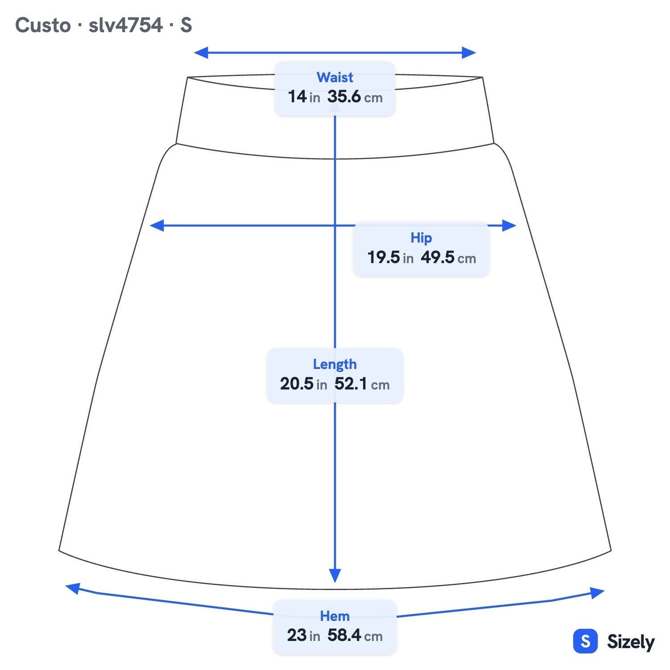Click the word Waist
click(x=335, y=77)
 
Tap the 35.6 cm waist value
click(x=355, y=96)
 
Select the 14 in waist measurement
click(x=304, y=96)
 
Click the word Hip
click(x=421, y=238)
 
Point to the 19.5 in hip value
click(x=390, y=257)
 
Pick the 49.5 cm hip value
click(x=448, y=257)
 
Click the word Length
click(x=335, y=364)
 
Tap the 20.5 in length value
click(x=304, y=384)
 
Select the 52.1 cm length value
click(x=362, y=384)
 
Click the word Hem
click(x=335, y=616)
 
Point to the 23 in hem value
click(x=304, y=635)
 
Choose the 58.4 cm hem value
click(x=355, y=635)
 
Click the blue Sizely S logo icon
click(x=585, y=641)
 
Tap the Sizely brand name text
click(x=631, y=642)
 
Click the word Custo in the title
click(x=43, y=25)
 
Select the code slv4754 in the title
click(x=126, y=25)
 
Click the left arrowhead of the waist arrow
click(x=201, y=53)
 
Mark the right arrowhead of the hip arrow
click(x=509, y=226)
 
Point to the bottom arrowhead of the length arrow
click(x=335, y=576)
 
